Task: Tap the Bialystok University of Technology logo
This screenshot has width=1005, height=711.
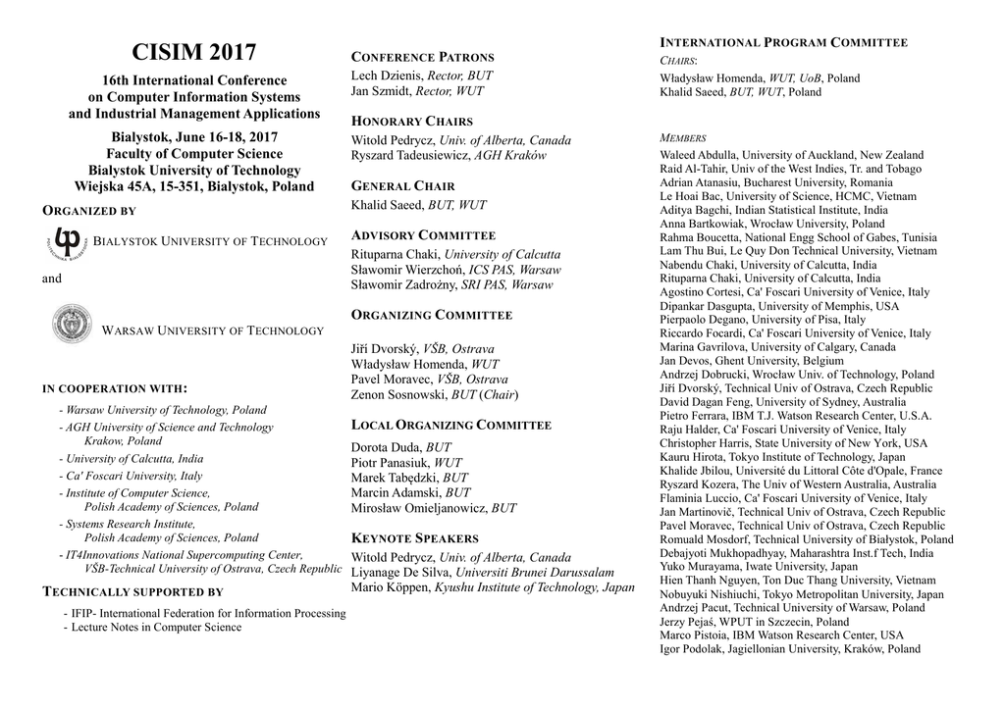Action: coord(68,241)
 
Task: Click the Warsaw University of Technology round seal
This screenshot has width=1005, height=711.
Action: coord(72,324)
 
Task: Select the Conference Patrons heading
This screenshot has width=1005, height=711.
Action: coord(422,57)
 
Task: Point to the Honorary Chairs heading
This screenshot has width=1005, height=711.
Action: coord(411,122)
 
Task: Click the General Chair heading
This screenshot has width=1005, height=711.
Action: coord(402,186)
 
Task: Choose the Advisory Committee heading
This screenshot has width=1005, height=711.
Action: coord(423,235)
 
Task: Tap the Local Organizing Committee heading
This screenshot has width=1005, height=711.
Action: coord(450,426)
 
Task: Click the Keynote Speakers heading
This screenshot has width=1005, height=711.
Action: coord(414,538)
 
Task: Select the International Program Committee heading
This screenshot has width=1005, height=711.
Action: coord(783,42)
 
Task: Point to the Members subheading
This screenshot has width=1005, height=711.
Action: coord(683,138)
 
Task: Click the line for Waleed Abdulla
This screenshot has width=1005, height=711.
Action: coord(791,155)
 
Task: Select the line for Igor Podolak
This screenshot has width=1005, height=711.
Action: coord(790,648)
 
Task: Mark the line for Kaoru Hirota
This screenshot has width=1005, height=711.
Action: coord(782,457)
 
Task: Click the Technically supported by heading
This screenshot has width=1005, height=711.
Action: coord(133,592)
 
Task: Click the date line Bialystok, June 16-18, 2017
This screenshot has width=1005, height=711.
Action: coord(194,136)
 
